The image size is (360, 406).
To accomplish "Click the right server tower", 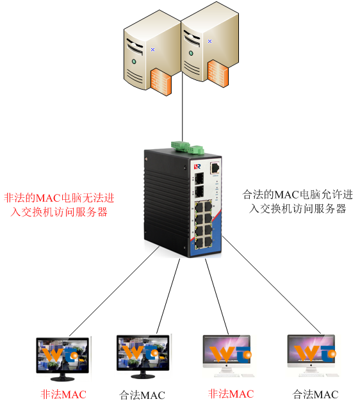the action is pos(209,44).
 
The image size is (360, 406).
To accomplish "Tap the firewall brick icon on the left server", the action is pos(161,82).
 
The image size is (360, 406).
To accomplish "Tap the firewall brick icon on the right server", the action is pos(218,74).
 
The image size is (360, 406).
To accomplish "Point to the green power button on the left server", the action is pos(134,61).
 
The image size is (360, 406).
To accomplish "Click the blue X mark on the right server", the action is pos(209,41).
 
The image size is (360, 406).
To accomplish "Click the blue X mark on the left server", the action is pos(153,49).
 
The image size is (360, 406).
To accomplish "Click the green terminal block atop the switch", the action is pos(187,147).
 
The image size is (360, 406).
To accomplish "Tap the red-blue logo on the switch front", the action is pos(197,166).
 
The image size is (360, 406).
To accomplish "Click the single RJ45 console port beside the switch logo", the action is pos(215,168).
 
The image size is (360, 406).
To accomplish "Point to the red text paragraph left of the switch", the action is pos(59,205).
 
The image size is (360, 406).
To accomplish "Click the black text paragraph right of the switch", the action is pos(298,202).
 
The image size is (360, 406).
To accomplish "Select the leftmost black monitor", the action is pos(63,359).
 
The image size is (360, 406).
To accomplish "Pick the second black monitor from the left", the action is pos(143,357).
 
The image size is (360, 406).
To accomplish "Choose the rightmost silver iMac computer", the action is pos(312,355).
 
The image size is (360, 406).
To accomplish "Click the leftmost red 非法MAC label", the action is pos(63,394).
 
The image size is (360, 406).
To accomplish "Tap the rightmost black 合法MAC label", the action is pos(315,394).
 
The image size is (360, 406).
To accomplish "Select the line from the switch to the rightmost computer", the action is pos(272,285).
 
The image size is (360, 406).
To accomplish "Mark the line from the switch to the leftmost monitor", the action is pos(114,291).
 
